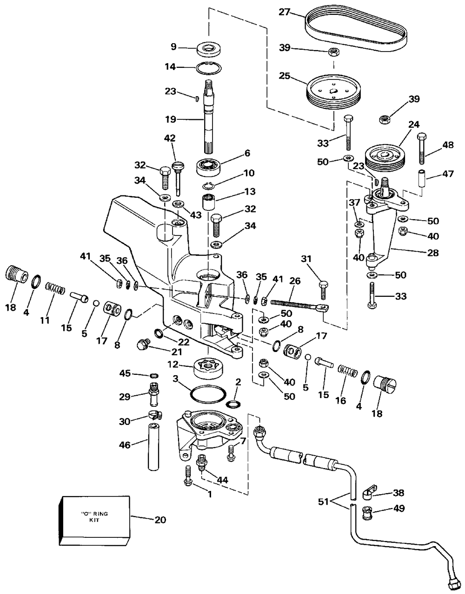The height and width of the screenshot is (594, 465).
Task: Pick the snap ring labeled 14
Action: (209, 68)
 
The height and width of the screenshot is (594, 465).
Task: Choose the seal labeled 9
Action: (209, 49)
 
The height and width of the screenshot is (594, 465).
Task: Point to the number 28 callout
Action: (432, 253)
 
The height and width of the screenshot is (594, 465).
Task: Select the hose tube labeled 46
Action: (154, 446)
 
